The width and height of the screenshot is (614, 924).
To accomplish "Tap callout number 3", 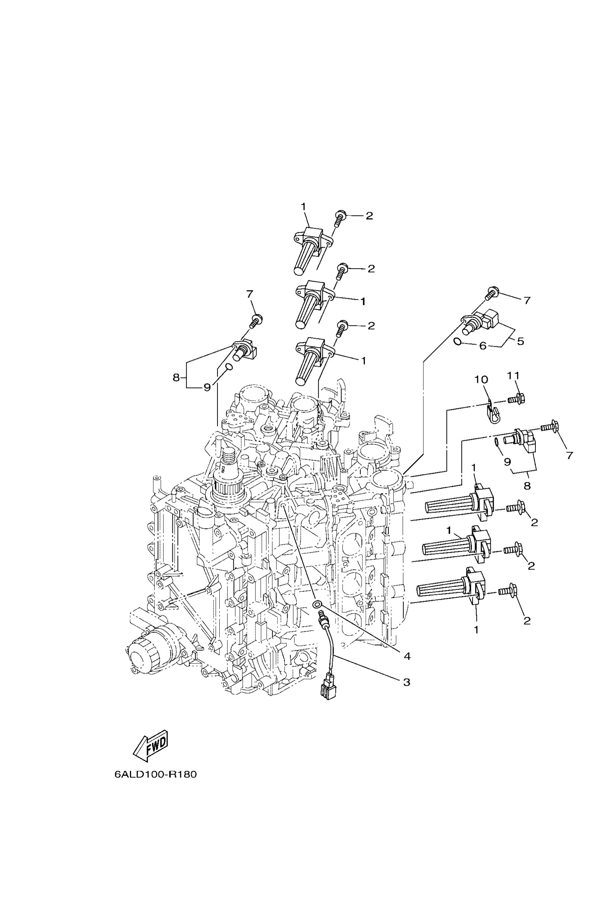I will (407, 682).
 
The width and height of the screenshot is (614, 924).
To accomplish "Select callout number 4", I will (407, 656).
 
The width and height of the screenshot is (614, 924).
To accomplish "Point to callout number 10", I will (481, 380).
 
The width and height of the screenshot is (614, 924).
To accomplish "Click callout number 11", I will (513, 376).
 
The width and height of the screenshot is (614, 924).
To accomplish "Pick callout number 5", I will (521, 341).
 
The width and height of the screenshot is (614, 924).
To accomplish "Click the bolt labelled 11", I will (516, 400).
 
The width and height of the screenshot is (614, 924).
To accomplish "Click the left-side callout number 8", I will (176, 378).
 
